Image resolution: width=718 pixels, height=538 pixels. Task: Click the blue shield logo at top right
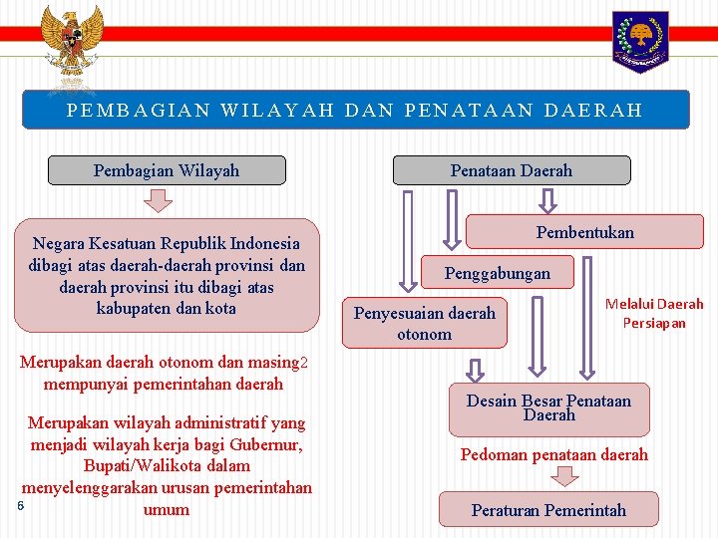[640, 41]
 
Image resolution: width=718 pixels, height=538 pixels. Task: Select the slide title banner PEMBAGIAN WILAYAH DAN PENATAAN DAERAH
[355, 110]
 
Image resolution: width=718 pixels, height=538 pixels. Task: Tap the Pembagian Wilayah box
[167, 170]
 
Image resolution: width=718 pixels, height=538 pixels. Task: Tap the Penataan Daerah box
[512, 170]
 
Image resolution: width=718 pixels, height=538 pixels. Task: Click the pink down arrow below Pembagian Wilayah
[158, 200]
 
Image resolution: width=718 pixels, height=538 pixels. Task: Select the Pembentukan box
[584, 232]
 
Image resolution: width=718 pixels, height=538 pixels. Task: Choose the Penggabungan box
[497, 272]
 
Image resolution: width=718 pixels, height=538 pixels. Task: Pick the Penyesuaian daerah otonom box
[425, 323]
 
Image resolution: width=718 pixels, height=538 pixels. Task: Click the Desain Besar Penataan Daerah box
[548, 407]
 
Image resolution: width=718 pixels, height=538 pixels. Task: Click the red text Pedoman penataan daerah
[553, 454]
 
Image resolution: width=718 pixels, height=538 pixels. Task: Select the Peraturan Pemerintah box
[548, 509]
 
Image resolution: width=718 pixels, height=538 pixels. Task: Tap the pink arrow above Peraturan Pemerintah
[565, 477]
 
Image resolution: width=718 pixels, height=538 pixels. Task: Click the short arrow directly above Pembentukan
[548, 200]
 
